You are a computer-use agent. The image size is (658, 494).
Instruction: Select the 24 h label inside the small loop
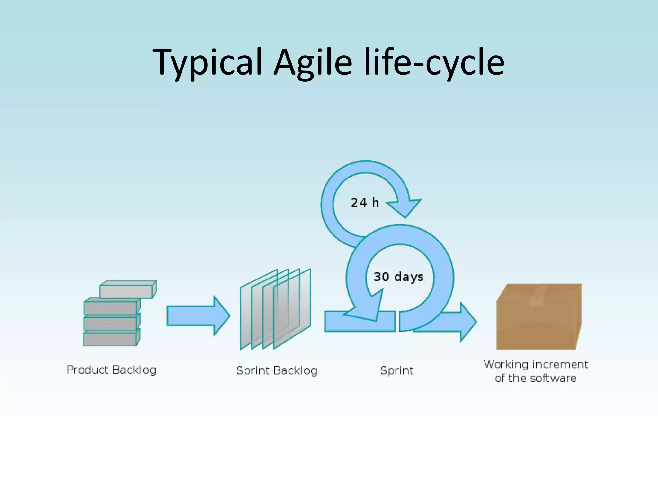[365, 203]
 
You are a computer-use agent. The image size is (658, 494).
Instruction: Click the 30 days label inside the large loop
[398, 277]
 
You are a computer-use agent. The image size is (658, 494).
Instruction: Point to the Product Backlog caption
[111, 370]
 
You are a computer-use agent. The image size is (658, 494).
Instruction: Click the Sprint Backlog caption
[277, 371]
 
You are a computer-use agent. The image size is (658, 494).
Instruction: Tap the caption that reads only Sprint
[397, 371]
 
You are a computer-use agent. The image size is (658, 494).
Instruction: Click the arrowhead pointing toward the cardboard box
[467, 322]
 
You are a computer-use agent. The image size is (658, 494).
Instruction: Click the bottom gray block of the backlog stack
[110, 339]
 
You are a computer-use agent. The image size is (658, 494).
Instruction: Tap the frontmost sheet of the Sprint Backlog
[292, 309]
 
